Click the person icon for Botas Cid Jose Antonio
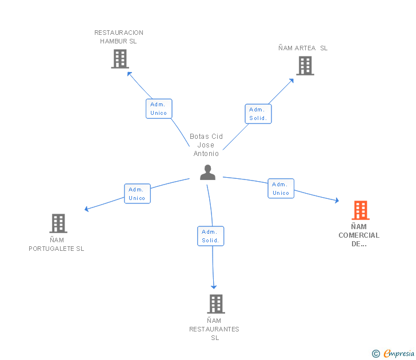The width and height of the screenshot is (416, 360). [207, 172]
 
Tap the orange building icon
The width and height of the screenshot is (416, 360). [360, 210]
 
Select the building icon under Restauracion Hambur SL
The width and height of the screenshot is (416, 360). [119, 59]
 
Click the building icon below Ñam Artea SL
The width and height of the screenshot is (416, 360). [305, 66]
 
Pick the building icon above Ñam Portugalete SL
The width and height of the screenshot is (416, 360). [58, 223]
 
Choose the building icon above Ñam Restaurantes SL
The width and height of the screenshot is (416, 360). [215, 304]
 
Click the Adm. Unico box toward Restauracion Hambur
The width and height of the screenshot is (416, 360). [159, 109]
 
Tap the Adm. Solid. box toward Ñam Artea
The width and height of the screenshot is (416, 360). [258, 114]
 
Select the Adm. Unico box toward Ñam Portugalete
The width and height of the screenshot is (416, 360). [137, 194]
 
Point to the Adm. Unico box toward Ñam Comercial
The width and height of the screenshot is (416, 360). [281, 189]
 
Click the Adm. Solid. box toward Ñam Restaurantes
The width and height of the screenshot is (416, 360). [210, 236]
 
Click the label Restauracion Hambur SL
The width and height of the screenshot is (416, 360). [119, 37]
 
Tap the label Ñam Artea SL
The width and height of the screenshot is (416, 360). [303, 48]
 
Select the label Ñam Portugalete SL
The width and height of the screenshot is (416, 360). [57, 245]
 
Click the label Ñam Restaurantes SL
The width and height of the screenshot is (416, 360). [214, 329]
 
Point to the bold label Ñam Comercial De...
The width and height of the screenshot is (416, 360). [359, 235]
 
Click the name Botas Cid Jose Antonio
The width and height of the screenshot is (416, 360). [206, 145]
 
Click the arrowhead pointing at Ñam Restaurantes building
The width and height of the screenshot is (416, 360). [214, 286]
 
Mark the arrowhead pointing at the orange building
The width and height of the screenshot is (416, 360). [337, 201]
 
